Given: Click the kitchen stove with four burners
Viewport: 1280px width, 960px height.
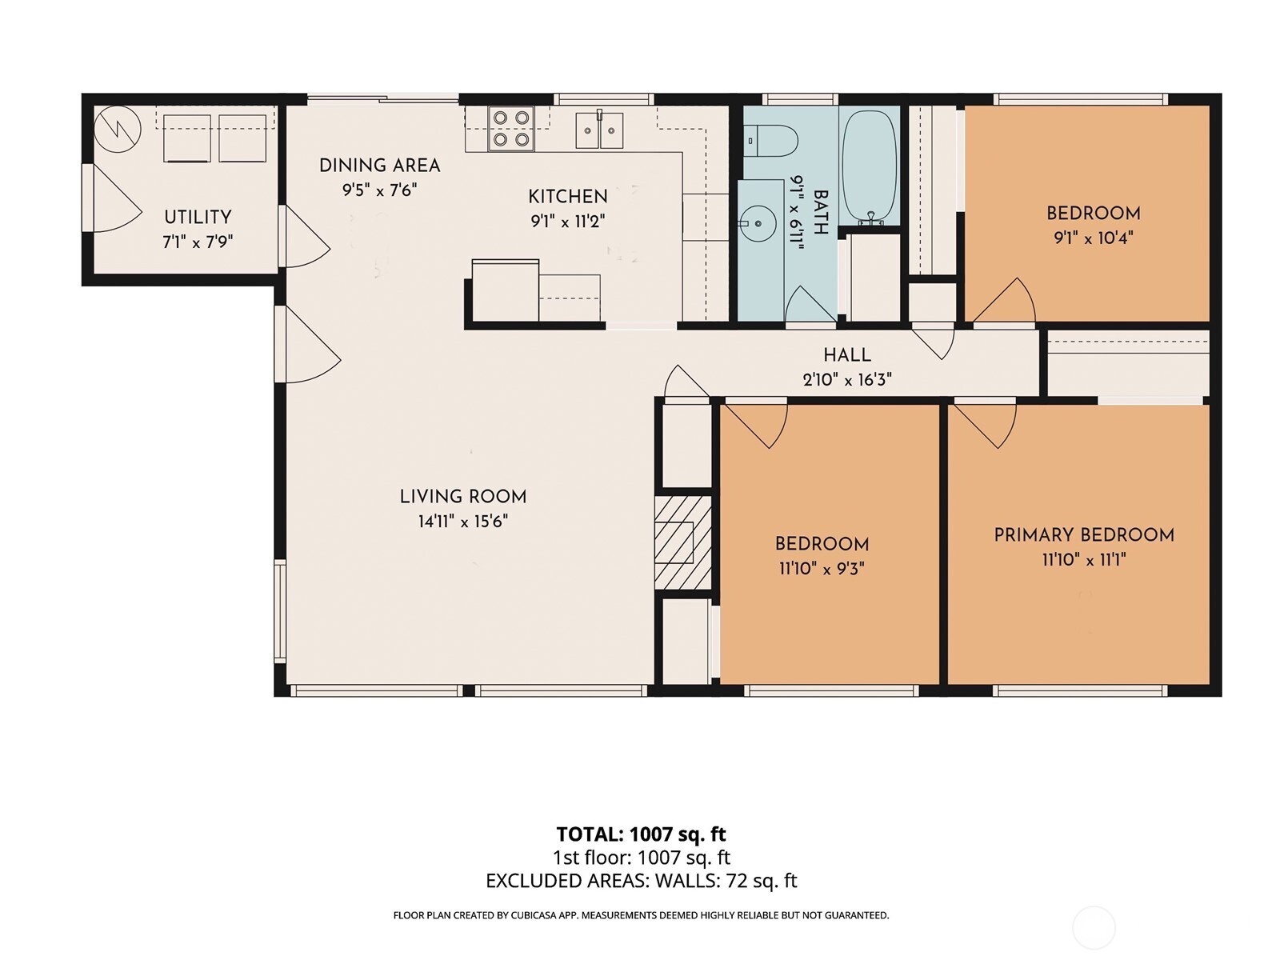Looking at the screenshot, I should pyautogui.click(x=510, y=129).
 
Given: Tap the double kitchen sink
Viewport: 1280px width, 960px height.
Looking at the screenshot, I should pyautogui.click(x=599, y=130).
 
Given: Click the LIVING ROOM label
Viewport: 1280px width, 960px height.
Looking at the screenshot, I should pyautogui.click(x=463, y=496).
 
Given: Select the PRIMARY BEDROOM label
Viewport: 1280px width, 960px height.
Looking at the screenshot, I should pyautogui.click(x=1083, y=535).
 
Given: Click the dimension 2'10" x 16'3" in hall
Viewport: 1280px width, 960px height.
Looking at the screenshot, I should pyautogui.click(x=846, y=380).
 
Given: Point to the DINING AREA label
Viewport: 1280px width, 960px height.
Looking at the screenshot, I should pyautogui.click(x=379, y=166).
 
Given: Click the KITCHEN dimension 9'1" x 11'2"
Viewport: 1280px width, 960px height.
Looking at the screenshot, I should pyautogui.click(x=567, y=222).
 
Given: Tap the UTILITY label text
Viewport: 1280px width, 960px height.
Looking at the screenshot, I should pyautogui.click(x=198, y=217).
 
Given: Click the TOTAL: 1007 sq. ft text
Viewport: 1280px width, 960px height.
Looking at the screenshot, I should pyautogui.click(x=641, y=834).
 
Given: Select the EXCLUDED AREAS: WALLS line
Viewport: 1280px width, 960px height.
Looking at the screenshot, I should pyautogui.click(x=641, y=881).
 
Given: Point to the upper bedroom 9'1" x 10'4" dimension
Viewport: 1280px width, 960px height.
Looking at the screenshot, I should pyautogui.click(x=1093, y=238).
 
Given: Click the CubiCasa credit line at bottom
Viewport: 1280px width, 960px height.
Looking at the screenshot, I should pyautogui.click(x=641, y=915).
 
